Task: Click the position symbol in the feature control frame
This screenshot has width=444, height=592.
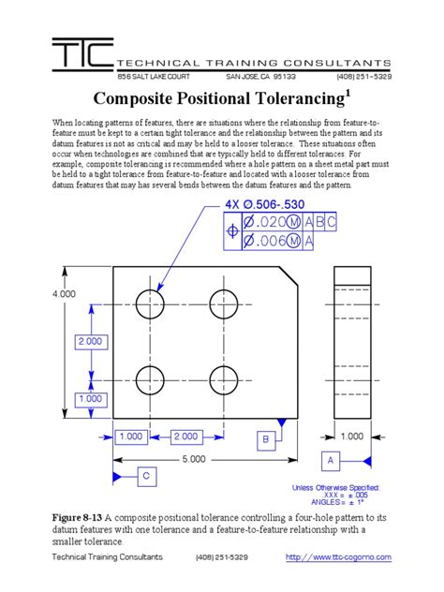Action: pyautogui.click(x=231, y=232)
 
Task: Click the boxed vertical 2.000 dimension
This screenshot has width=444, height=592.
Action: pyautogui.click(x=90, y=342)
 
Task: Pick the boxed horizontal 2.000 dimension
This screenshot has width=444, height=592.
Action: pyautogui.click(x=185, y=437)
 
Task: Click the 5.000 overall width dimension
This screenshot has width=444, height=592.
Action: pyautogui.click(x=193, y=459)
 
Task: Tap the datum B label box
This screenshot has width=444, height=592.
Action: pyautogui.click(x=265, y=438)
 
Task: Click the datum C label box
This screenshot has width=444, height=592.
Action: pyautogui.click(x=146, y=476)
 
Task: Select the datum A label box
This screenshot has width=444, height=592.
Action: pyautogui.click(x=330, y=461)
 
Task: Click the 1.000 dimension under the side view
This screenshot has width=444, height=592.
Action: pyautogui.click(x=352, y=437)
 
